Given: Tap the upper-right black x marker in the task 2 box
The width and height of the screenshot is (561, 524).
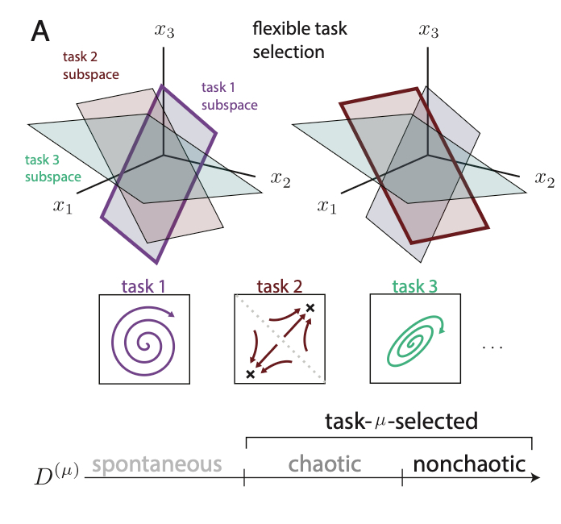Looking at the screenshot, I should [309, 309].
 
